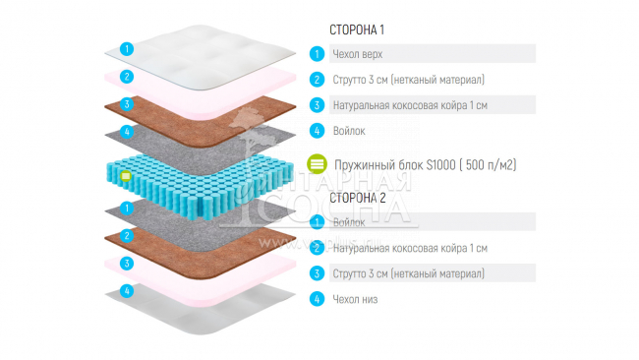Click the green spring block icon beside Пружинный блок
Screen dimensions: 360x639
(x=317, y=164)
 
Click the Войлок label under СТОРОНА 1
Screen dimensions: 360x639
(x=350, y=130)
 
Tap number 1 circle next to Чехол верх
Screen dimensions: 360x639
(x=317, y=54)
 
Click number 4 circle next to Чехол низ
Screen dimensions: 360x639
(x=317, y=298)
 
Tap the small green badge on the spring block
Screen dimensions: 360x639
(x=126, y=177)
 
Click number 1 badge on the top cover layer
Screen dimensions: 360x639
(x=126, y=47)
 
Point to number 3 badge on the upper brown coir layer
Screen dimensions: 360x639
(x=126, y=103)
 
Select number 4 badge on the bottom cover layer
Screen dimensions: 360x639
(x=126, y=291)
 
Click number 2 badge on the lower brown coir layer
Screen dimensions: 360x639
(x=126, y=236)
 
